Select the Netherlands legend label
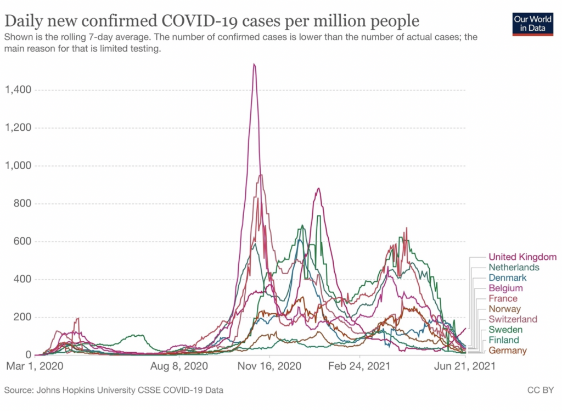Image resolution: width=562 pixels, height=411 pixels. point(514,267)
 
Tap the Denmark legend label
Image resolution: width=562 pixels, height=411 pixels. point(508,277)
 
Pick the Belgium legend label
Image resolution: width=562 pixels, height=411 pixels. point(505,288)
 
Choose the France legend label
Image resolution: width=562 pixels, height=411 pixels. point(503,298)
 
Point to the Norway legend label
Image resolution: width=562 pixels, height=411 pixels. point(504,309)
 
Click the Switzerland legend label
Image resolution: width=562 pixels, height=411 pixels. point(513,319)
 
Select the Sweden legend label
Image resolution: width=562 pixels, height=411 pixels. point(505,330)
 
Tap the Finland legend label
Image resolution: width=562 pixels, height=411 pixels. point(504,340)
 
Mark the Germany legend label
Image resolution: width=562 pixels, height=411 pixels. point(508,351)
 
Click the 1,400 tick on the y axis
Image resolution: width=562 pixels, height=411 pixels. point(18,90)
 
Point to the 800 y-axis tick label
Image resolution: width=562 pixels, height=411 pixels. point(22,203)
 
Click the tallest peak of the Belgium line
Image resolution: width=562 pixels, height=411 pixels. point(254,65)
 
